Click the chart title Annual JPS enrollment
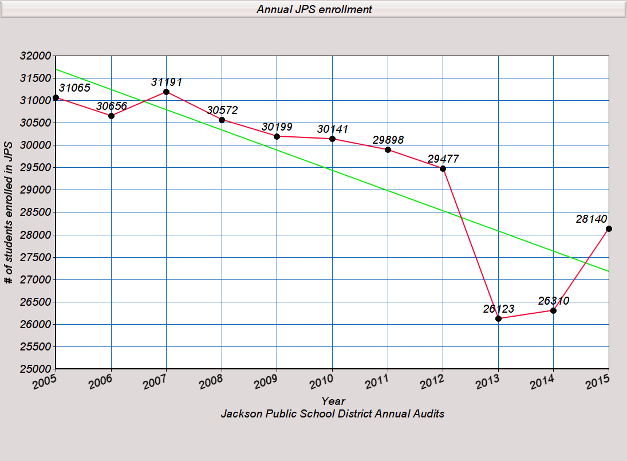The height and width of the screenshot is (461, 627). [x=314, y=9]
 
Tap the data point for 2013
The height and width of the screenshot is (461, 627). [x=498, y=318]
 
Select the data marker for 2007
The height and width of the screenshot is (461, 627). [x=166, y=92]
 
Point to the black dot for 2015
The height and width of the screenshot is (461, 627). [x=609, y=228]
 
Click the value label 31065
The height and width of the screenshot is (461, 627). [x=74, y=88]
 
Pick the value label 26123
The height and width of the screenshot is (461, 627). [x=498, y=309]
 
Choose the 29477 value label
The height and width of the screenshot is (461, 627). [x=443, y=159]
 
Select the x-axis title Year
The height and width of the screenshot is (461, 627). [x=333, y=401]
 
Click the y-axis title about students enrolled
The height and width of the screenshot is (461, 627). [x=8, y=212]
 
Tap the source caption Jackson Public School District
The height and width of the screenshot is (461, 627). [x=333, y=413]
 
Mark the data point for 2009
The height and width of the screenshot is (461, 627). [x=277, y=136]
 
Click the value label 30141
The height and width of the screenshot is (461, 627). [x=332, y=129]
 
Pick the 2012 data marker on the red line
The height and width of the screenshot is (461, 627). [x=443, y=168]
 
